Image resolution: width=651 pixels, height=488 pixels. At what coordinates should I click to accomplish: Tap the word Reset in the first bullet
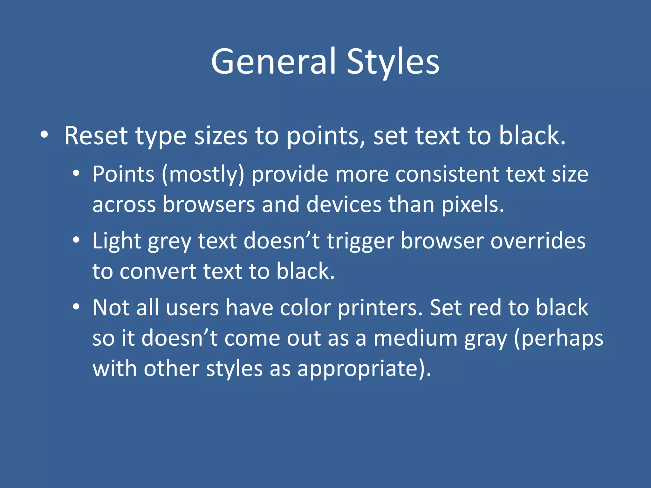coord(96,136)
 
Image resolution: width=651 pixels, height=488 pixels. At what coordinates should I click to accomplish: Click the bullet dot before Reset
coord(45,134)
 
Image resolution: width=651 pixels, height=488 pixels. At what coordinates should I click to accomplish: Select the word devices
coord(344,204)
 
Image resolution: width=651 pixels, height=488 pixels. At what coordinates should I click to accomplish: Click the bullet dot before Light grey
coord(76,240)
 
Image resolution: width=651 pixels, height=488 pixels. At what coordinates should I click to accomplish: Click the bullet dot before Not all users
coord(76,307)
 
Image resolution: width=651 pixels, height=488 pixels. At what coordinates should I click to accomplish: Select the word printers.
coord(380,308)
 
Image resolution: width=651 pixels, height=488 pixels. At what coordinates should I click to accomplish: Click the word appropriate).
coord(364,369)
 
